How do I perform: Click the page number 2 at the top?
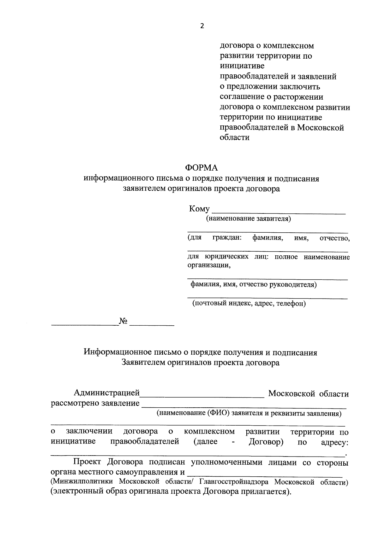click(202, 26)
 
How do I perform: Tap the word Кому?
click(199, 209)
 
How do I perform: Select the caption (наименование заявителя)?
click(248, 218)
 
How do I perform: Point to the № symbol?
click(123, 321)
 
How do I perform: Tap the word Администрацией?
click(106, 393)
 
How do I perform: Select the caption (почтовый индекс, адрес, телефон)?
click(249, 304)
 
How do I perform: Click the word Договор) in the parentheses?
click(266, 441)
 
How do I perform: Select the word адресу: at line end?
click(334, 442)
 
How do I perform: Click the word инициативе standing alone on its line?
click(242, 66)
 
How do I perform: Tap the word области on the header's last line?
click(235, 137)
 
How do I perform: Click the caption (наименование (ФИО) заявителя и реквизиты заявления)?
click(250, 413)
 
